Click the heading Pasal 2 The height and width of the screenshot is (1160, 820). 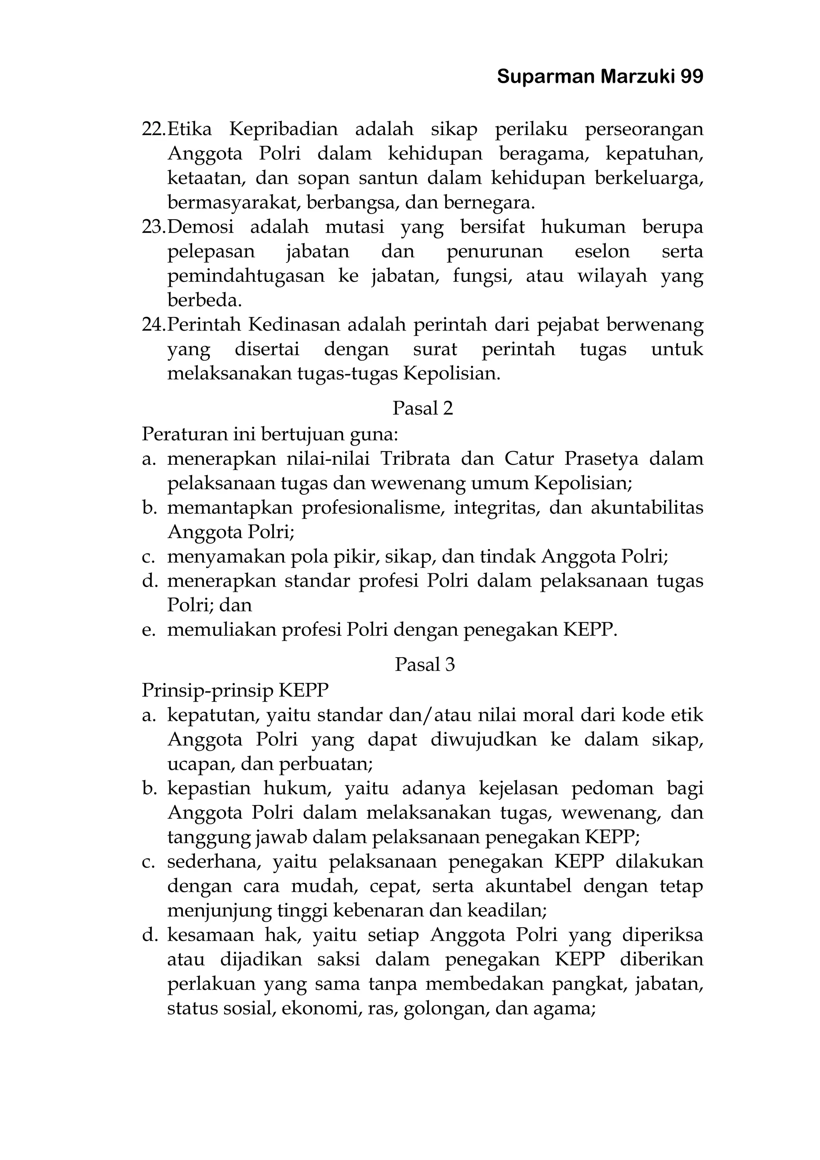(x=423, y=408)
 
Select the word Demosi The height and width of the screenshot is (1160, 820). (x=201, y=227)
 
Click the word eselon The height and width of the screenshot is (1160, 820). (x=602, y=251)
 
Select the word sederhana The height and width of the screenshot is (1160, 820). (x=213, y=862)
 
